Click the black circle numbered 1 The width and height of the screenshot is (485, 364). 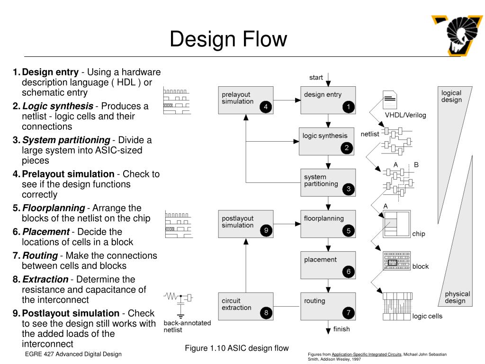(348, 107)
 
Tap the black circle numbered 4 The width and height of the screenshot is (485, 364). (266, 107)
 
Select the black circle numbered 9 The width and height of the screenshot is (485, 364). (266, 231)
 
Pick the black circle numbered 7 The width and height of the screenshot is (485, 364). (348, 313)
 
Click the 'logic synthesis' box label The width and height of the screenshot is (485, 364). (325, 136)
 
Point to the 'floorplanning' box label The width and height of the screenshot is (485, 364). (323, 218)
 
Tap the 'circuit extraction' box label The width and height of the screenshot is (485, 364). (236, 304)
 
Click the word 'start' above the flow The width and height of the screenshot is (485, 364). (316, 77)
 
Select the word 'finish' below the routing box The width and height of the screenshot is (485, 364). (341, 329)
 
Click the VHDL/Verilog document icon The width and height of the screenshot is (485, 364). (390, 100)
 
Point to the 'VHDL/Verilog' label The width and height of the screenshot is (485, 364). (405, 115)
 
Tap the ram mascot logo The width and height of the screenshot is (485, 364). (457, 36)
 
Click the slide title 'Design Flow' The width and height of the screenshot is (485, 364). (228, 39)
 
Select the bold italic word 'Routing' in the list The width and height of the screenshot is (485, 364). (40, 255)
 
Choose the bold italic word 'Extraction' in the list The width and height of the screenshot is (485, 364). (45, 280)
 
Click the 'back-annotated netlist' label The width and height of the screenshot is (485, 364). (187, 326)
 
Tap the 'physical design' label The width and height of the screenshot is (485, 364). (457, 297)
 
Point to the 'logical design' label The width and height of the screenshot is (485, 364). (451, 96)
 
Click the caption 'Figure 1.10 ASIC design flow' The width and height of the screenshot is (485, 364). (237, 348)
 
